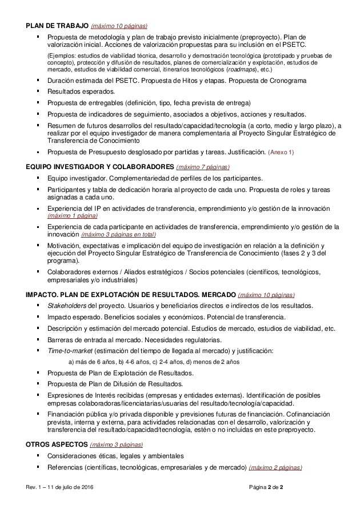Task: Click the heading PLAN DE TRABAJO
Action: click(x=57, y=26)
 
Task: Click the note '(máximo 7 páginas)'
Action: click(x=203, y=167)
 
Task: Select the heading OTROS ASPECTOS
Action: click(x=56, y=444)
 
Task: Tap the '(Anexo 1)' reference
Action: click(x=281, y=153)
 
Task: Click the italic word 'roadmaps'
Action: click(x=241, y=69)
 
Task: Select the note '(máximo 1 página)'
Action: click(x=72, y=215)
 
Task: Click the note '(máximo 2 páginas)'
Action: click(x=275, y=467)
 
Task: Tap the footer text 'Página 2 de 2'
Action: click(x=266, y=487)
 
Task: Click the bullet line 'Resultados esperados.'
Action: click(x=81, y=91)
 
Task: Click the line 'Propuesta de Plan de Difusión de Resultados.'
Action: click(x=115, y=384)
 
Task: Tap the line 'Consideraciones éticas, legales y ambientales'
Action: click(x=115, y=456)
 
